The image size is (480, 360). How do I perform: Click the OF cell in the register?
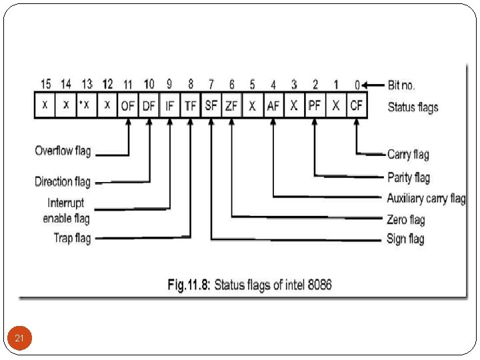tap(128, 106)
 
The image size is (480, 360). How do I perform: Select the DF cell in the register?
tap(149, 106)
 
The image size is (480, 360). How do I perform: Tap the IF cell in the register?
tap(169, 106)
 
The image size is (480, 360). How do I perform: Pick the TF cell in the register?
tap(191, 106)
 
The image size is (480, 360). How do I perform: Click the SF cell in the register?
tap(211, 106)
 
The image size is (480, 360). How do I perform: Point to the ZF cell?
tap(232, 106)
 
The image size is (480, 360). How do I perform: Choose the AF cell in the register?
tap(273, 106)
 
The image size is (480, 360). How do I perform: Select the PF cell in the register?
tap(315, 106)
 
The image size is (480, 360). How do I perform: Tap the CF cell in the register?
tap(357, 106)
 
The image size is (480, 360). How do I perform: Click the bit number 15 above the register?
tap(45, 84)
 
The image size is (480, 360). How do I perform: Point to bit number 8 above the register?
tap(191, 84)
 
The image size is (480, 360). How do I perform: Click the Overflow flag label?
tap(63, 151)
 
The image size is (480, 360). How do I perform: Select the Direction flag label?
tap(63, 181)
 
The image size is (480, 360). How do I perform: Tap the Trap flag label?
tap(72, 238)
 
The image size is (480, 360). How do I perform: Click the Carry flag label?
tap(408, 155)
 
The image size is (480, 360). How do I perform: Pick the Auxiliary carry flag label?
tap(426, 198)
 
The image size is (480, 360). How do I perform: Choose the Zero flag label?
tap(405, 219)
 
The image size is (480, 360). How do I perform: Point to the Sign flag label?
tap(405, 239)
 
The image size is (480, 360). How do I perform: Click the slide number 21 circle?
tap(19, 339)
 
